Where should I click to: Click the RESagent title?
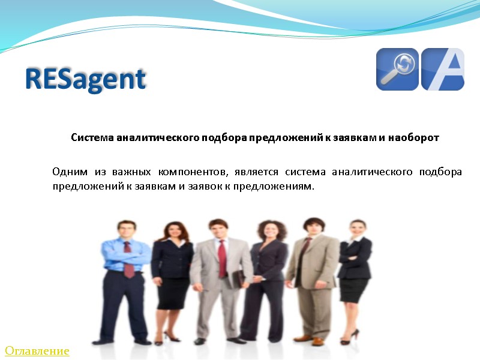click(x=86, y=79)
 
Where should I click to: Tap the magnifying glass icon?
click(x=397, y=69)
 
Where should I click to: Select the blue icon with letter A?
click(x=443, y=69)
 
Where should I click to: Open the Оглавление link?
click(x=37, y=350)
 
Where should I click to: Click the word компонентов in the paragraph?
click(x=194, y=172)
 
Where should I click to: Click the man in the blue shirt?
click(x=126, y=270)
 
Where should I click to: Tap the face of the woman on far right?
click(x=357, y=229)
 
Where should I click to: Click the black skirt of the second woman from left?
click(x=173, y=292)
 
